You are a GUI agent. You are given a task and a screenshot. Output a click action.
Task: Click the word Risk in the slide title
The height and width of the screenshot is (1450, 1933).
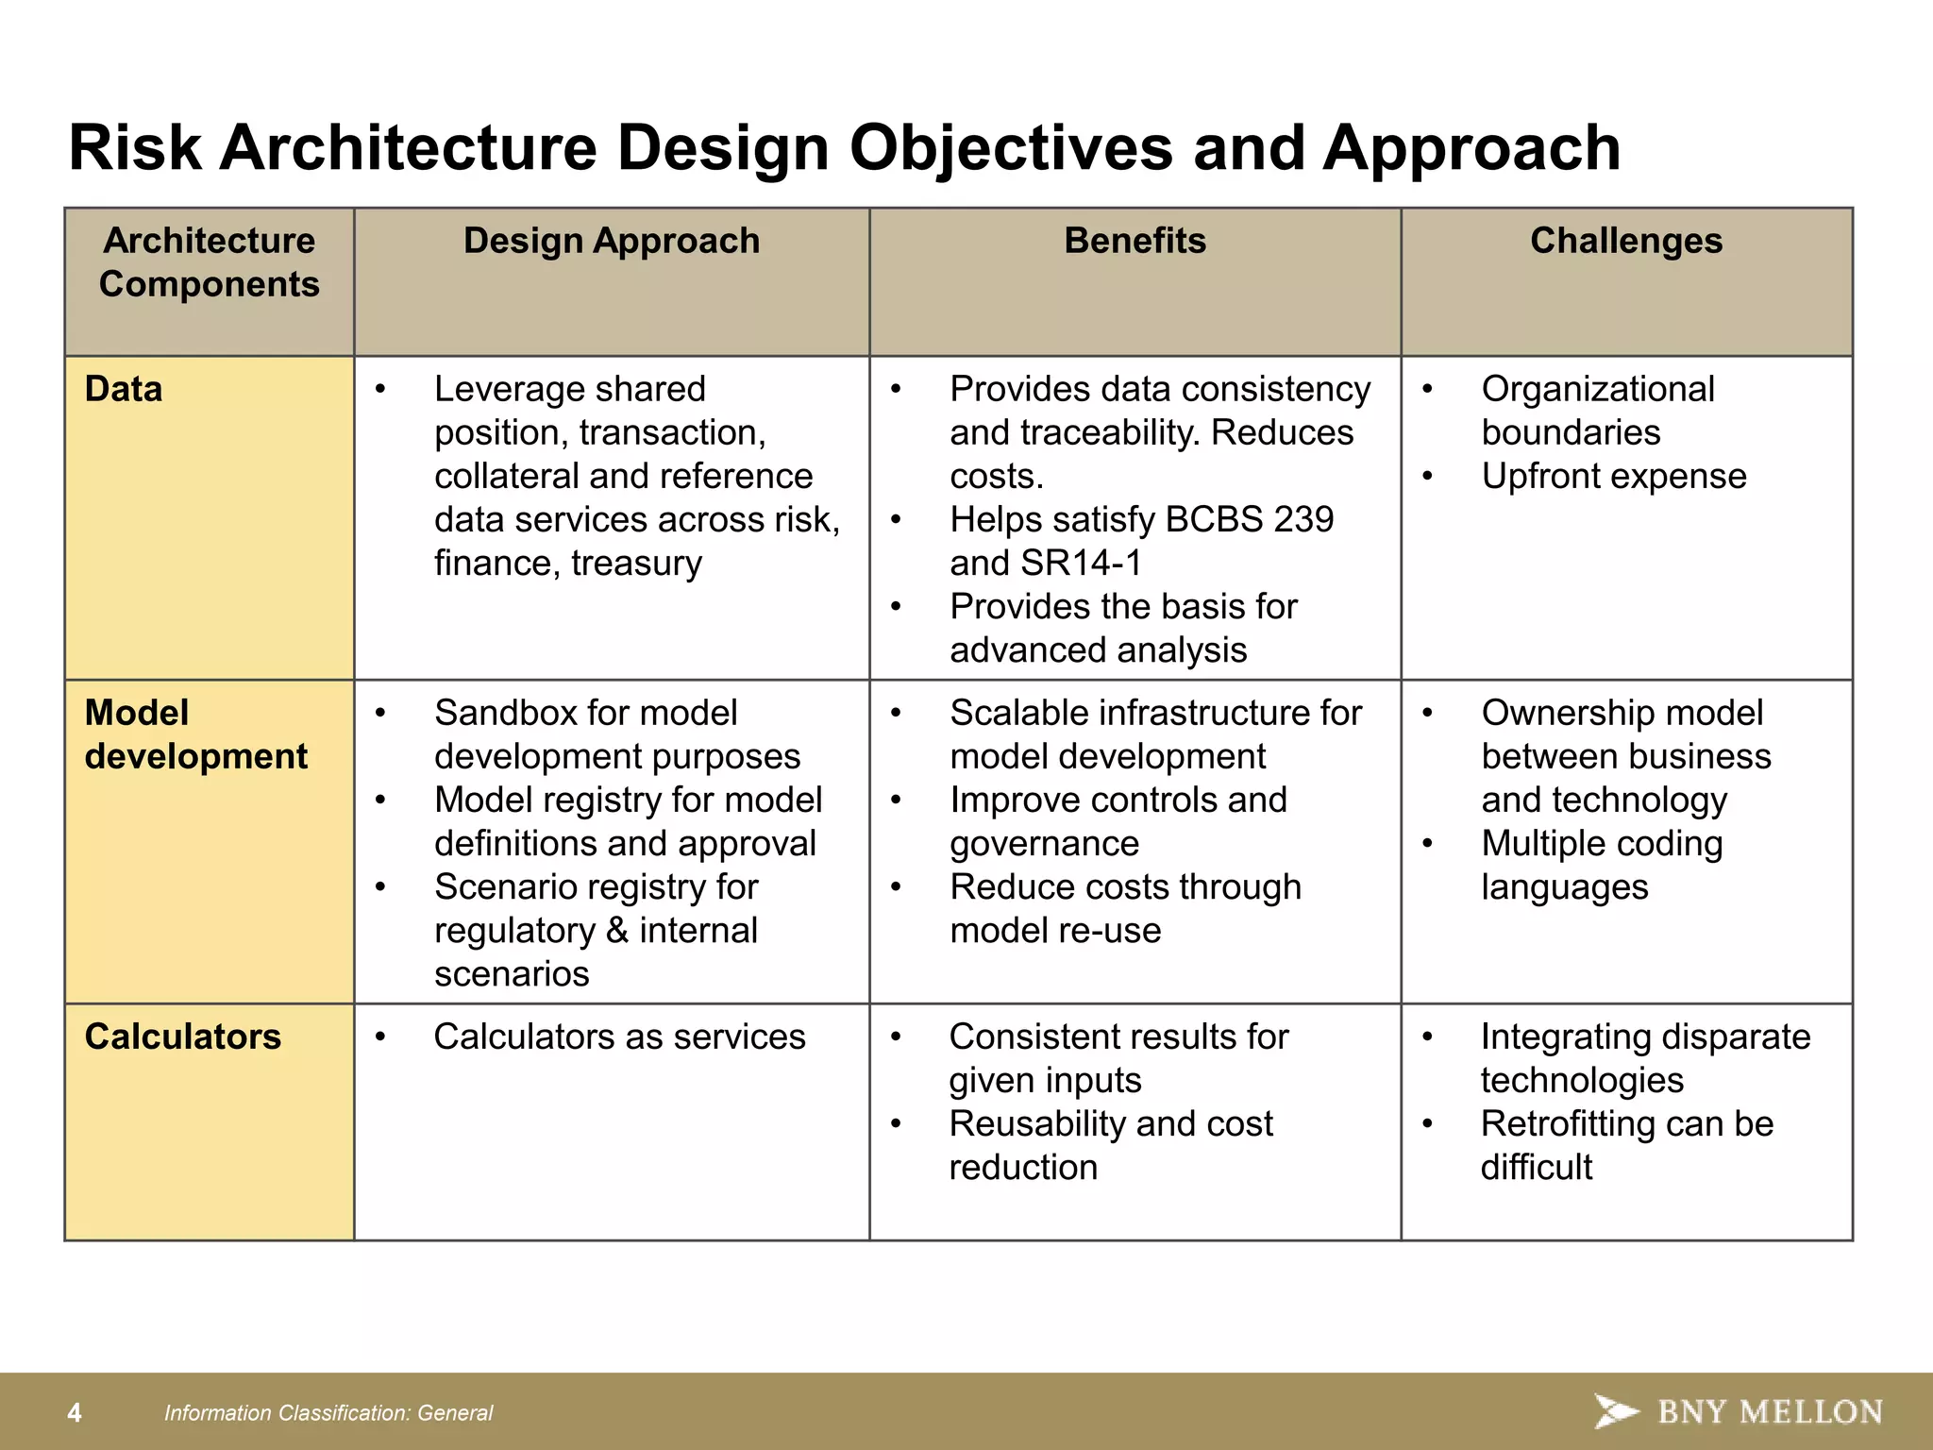(x=135, y=148)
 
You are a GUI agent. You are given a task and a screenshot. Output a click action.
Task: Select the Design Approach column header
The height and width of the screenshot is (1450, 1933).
(x=611, y=241)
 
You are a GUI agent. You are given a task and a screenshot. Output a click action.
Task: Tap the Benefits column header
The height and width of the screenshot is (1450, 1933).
(x=1135, y=241)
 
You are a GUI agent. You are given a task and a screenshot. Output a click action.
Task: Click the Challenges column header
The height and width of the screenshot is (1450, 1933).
(x=1625, y=241)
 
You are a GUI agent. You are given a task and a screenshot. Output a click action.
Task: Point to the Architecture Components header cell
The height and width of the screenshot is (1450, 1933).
(x=209, y=262)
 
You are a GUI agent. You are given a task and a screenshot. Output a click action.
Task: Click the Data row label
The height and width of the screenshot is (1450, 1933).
(x=124, y=389)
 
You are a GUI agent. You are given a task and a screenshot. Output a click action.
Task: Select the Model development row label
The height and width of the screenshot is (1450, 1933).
(x=195, y=734)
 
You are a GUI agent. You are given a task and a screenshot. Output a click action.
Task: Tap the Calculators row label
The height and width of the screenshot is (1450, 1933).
(x=182, y=1037)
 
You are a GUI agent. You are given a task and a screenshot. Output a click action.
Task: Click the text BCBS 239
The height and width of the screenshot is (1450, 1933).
(x=1249, y=520)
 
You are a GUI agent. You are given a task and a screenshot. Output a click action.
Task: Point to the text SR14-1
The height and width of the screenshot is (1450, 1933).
(x=1082, y=564)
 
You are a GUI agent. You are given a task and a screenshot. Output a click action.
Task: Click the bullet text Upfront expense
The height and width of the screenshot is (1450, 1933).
(x=1613, y=476)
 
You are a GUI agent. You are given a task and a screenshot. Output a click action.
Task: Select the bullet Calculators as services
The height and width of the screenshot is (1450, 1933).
(x=619, y=1037)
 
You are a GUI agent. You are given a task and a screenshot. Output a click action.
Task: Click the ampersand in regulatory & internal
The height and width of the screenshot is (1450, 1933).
(x=617, y=931)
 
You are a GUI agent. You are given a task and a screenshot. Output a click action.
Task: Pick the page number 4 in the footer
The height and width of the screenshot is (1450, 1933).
(x=75, y=1413)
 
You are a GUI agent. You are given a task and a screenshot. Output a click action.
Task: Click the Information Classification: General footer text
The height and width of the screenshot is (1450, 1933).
(x=328, y=1413)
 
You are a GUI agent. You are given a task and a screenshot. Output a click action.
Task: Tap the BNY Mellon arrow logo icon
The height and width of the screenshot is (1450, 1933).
(x=1615, y=1411)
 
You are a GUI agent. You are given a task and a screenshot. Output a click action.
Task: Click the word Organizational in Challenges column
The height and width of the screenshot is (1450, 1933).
(x=1597, y=389)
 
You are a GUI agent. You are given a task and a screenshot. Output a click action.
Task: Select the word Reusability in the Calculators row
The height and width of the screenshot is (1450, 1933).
(x=1037, y=1124)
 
